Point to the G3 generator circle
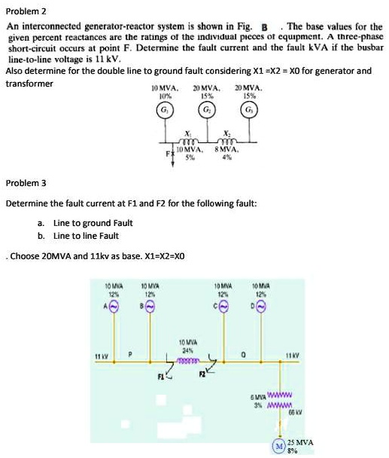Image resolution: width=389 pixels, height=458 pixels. tap(249, 111)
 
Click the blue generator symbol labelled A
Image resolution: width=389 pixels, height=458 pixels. tap(114, 307)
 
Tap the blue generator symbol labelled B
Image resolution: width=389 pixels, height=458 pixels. tap(150, 307)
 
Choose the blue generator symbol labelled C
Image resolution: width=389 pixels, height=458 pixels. tap(224, 307)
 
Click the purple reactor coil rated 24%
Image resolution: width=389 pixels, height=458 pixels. tap(188, 362)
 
